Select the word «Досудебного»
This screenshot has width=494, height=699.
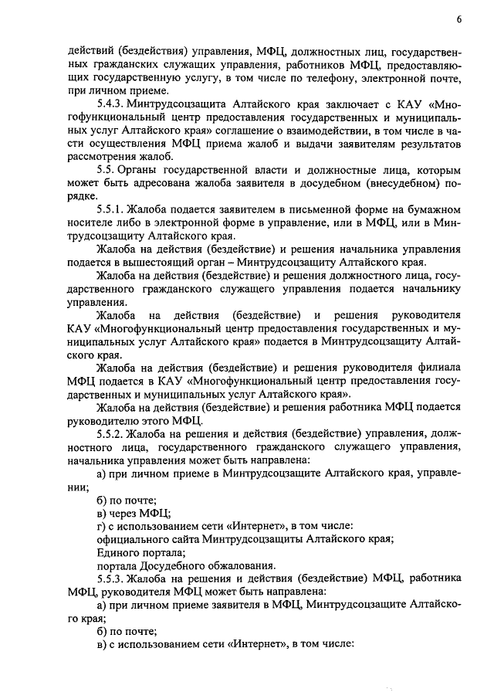[x=171, y=565]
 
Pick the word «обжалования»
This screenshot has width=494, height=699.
[x=242, y=565]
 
